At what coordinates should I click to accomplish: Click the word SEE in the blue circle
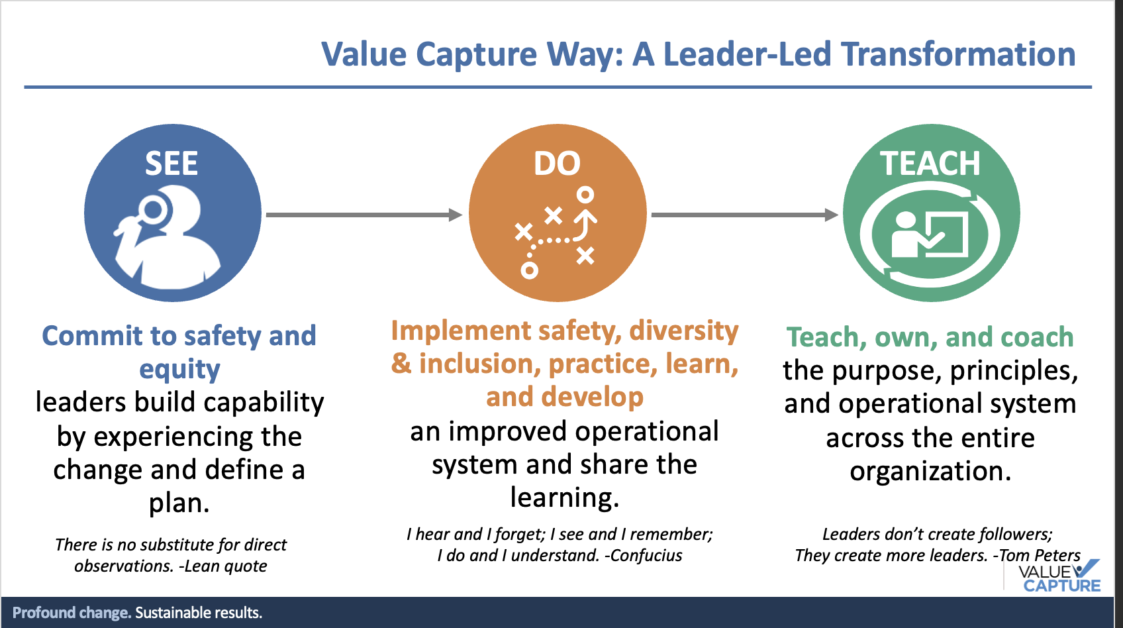[x=171, y=164]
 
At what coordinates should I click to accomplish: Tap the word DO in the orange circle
[x=557, y=164]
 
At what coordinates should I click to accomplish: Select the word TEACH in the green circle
[x=930, y=164]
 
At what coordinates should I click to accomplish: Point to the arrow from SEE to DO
[x=364, y=215]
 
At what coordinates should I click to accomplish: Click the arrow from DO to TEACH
[x=744, y=215]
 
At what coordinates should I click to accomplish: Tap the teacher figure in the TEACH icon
[x=906, y=235]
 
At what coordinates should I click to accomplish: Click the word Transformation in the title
[x=959, y=54]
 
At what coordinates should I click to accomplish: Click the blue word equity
[x=179, y=370]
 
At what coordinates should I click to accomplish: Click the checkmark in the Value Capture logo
[x=1085, y=568]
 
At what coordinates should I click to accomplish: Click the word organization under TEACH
[x=930, y=472]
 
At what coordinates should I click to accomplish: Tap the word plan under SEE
[x=179, y=503]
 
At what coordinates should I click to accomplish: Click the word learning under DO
[x=565, y=497]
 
